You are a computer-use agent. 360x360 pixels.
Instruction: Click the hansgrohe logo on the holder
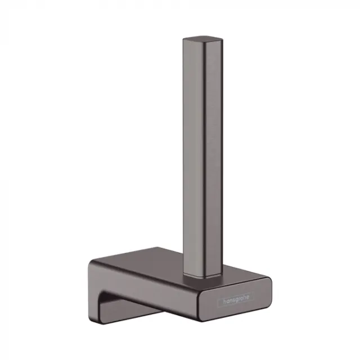point(236,298)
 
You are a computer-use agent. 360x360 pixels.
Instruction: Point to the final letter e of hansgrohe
point(247,298)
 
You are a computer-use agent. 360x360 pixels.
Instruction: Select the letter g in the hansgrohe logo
point(238,299)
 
